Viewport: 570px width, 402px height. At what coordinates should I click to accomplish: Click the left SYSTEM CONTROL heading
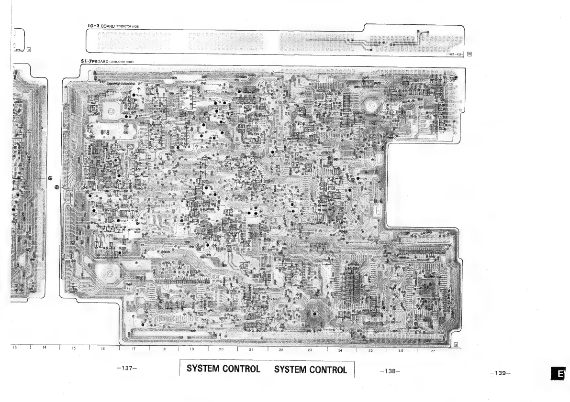point(224,369)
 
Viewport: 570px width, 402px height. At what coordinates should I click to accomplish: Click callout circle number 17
point(49,177)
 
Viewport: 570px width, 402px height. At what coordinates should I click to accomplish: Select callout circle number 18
point(56,187)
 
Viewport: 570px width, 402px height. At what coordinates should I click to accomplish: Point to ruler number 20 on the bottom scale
point(222,350)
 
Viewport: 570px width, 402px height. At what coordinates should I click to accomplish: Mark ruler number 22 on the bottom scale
point(281,350)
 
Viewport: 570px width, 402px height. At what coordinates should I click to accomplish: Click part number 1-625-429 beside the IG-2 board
point(454,54)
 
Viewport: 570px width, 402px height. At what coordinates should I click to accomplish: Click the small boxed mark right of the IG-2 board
point(469,54)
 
